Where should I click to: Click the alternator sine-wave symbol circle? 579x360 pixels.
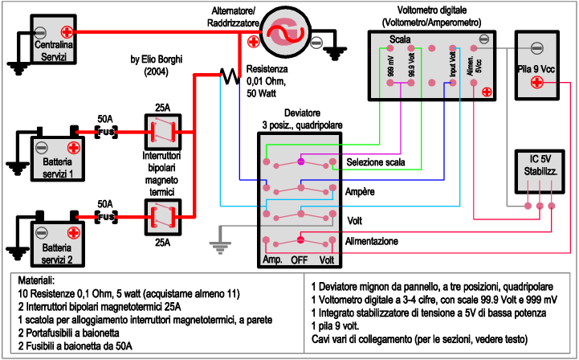(285, 32)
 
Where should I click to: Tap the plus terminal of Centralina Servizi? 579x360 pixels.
(67, 32)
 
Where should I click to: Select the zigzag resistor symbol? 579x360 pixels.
(230, 76)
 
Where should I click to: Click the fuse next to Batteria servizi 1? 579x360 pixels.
(106, 132)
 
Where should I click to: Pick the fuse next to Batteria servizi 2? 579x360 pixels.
(106, 217)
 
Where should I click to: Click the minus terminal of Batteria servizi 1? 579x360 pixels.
(42, 148)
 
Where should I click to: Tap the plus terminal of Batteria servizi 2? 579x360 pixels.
(74, 233)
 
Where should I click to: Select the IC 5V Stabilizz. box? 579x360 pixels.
(540, 171)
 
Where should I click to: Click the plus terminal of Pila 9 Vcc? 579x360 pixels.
(537, 82)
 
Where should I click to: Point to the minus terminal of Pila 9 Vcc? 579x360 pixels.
(537, 48)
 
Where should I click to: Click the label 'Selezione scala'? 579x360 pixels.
(376, 162)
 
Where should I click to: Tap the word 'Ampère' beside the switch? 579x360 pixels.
(360, 192)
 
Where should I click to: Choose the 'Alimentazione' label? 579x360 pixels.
(372, 241)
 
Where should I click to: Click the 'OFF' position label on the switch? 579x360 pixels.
(299, 260)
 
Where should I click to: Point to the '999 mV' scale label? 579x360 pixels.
(390, 66)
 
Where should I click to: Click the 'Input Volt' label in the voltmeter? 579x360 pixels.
(453, 64)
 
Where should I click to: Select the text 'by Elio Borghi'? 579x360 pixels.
(157, 59)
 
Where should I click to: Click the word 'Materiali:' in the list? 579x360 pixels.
(36, 280)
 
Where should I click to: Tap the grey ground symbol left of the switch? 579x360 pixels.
(221, 240)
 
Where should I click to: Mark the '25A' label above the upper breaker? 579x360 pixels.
(162, 108)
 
